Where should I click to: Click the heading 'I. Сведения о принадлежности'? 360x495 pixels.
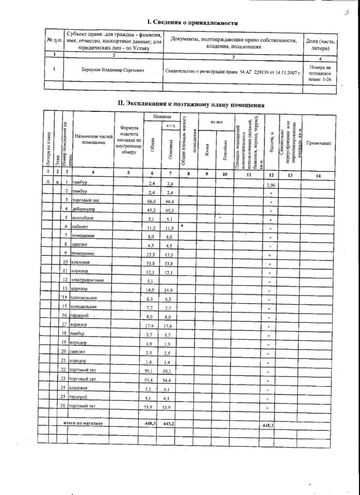(x=192, y=23)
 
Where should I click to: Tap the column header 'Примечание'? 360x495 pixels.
(x=318, y=143)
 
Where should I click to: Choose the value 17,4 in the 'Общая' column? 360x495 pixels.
(x=152, y=325)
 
